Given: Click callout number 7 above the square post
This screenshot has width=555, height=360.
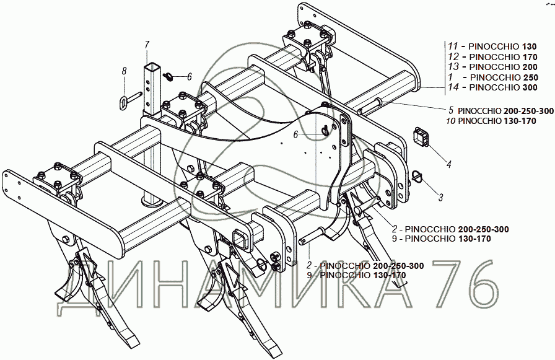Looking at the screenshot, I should [x=147, y=44].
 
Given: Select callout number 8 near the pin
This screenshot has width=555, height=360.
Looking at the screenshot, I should [x=124, y=72].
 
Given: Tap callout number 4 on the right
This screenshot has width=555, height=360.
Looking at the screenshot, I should [x=449, y=164].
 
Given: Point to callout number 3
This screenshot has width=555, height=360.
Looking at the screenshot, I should [x=440, y=198].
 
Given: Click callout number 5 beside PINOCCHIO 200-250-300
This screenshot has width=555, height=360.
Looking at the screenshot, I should [x=452, y=110].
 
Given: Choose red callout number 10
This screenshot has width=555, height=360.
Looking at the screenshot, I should [x=450, y=121].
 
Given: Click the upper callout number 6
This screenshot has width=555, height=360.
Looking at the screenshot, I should [x=190, y=76].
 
